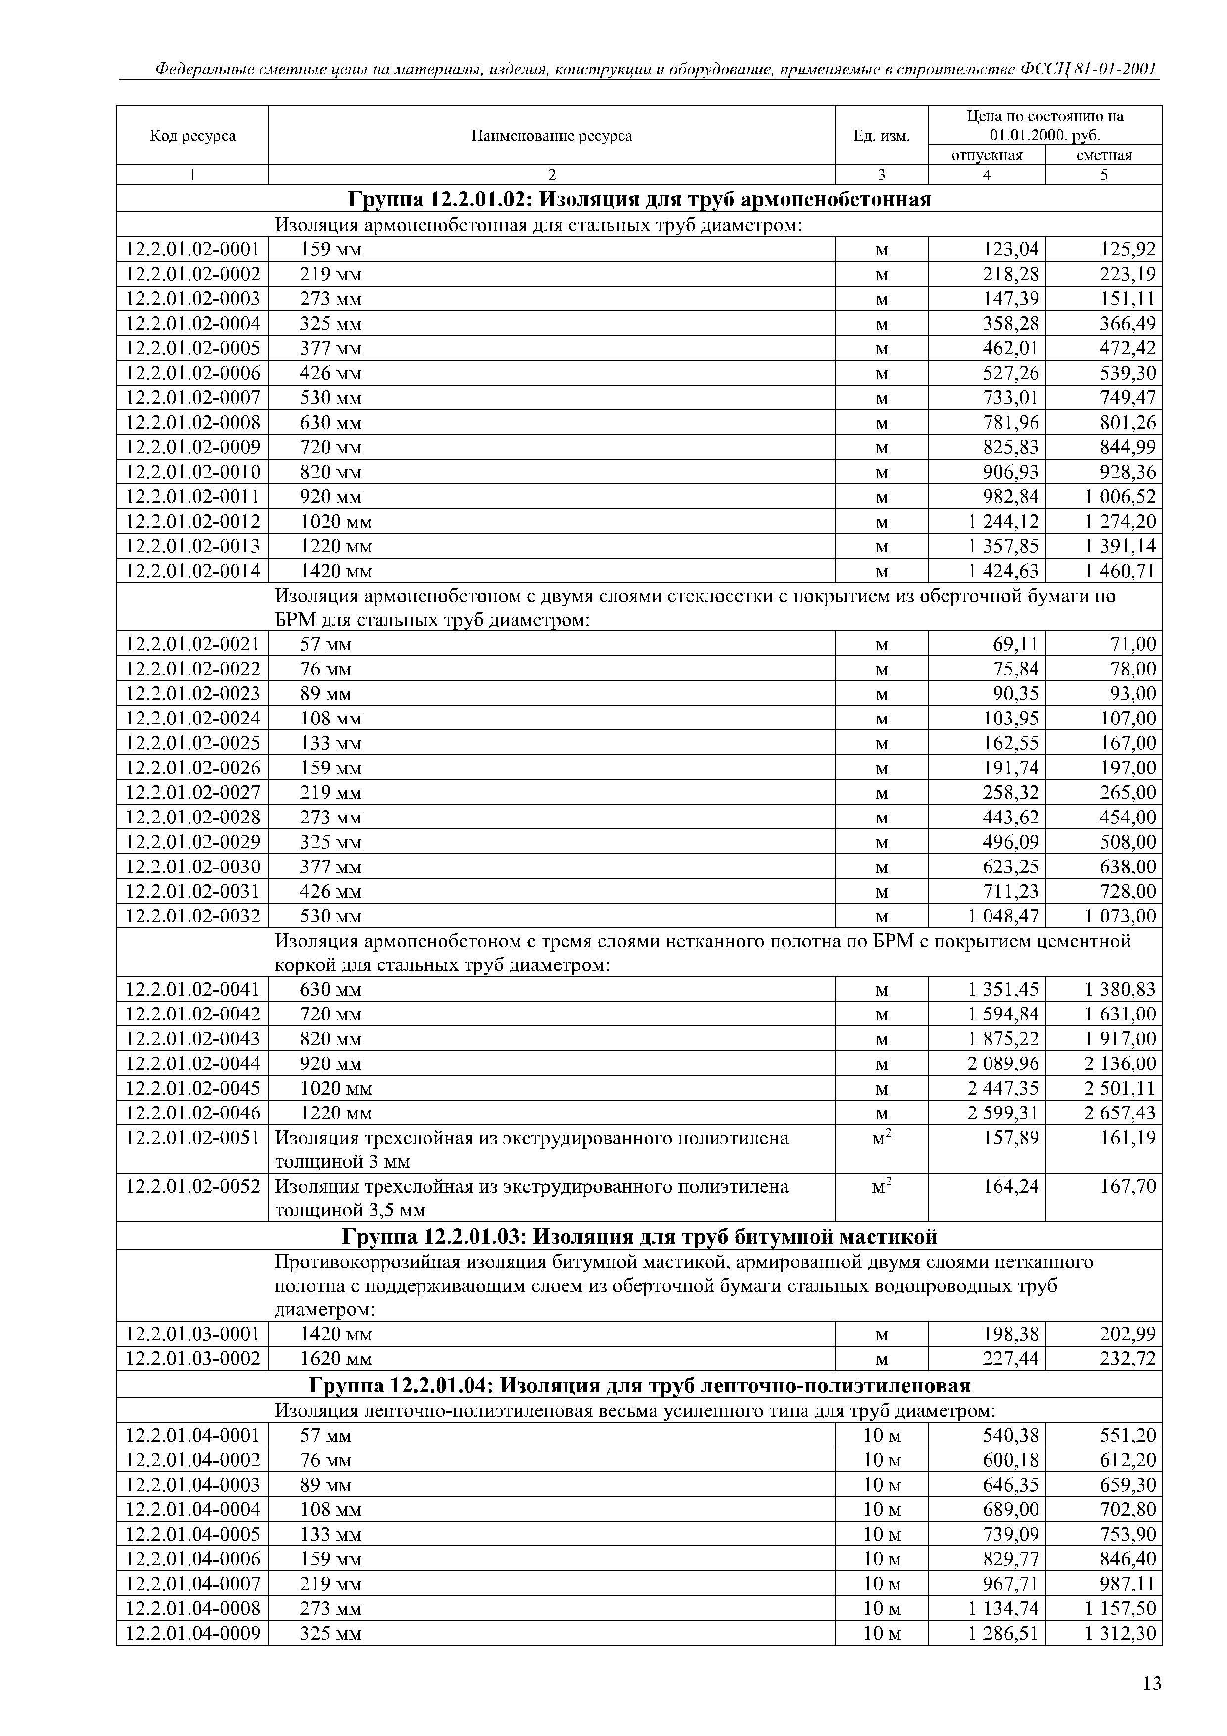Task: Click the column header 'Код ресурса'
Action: [193, 136]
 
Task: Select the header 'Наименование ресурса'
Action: [551, 136]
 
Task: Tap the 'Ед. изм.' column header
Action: [882, 136]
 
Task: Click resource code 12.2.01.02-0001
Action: [193, 249]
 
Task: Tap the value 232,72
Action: [1127, 1359]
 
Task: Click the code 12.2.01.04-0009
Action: [193, 1633]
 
